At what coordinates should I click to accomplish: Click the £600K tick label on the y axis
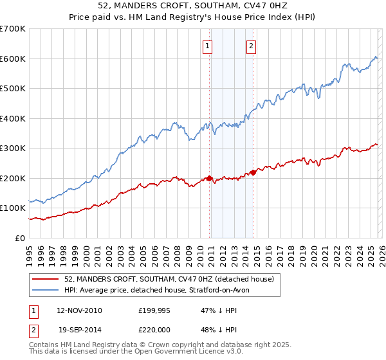tap(13, 59)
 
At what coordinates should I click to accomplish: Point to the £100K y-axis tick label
tap(13, 208)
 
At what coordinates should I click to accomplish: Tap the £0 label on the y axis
tap(20, 238)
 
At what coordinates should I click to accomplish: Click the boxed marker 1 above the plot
tap(208, 46)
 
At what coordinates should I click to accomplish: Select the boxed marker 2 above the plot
tap(250, 46)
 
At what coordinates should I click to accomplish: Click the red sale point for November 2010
tap(210, 178)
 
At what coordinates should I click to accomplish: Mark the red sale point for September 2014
tap(253, 172)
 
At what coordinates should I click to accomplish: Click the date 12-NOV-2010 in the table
tap(79, 310)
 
